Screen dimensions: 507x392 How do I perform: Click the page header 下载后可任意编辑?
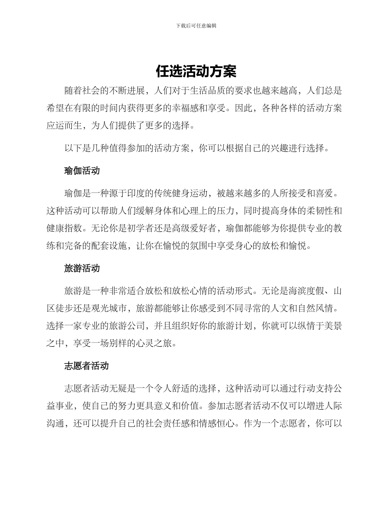pyautogui.click(x=196, y=26)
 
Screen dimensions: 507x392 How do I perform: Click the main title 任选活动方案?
pyautogui.click(x=196, y=71)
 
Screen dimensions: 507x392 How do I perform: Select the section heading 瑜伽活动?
pyautogui.click(x=82, y=171)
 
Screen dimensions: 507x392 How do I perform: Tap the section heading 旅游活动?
pyautogui.click(x=82, y=268)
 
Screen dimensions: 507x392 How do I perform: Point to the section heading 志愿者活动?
pyautogui.click(x=87, y=366)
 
